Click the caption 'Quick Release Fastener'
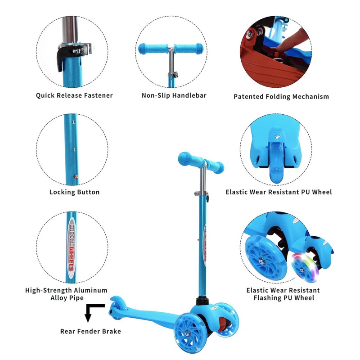74,95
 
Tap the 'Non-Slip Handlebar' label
174,95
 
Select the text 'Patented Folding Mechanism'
281,97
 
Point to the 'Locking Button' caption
74,192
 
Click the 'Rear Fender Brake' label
90,331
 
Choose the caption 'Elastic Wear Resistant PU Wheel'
279,192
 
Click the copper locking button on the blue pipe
76,176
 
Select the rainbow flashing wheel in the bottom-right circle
302,267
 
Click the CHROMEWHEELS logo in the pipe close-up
72,247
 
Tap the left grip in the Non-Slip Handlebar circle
152,49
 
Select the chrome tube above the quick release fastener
70,29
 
